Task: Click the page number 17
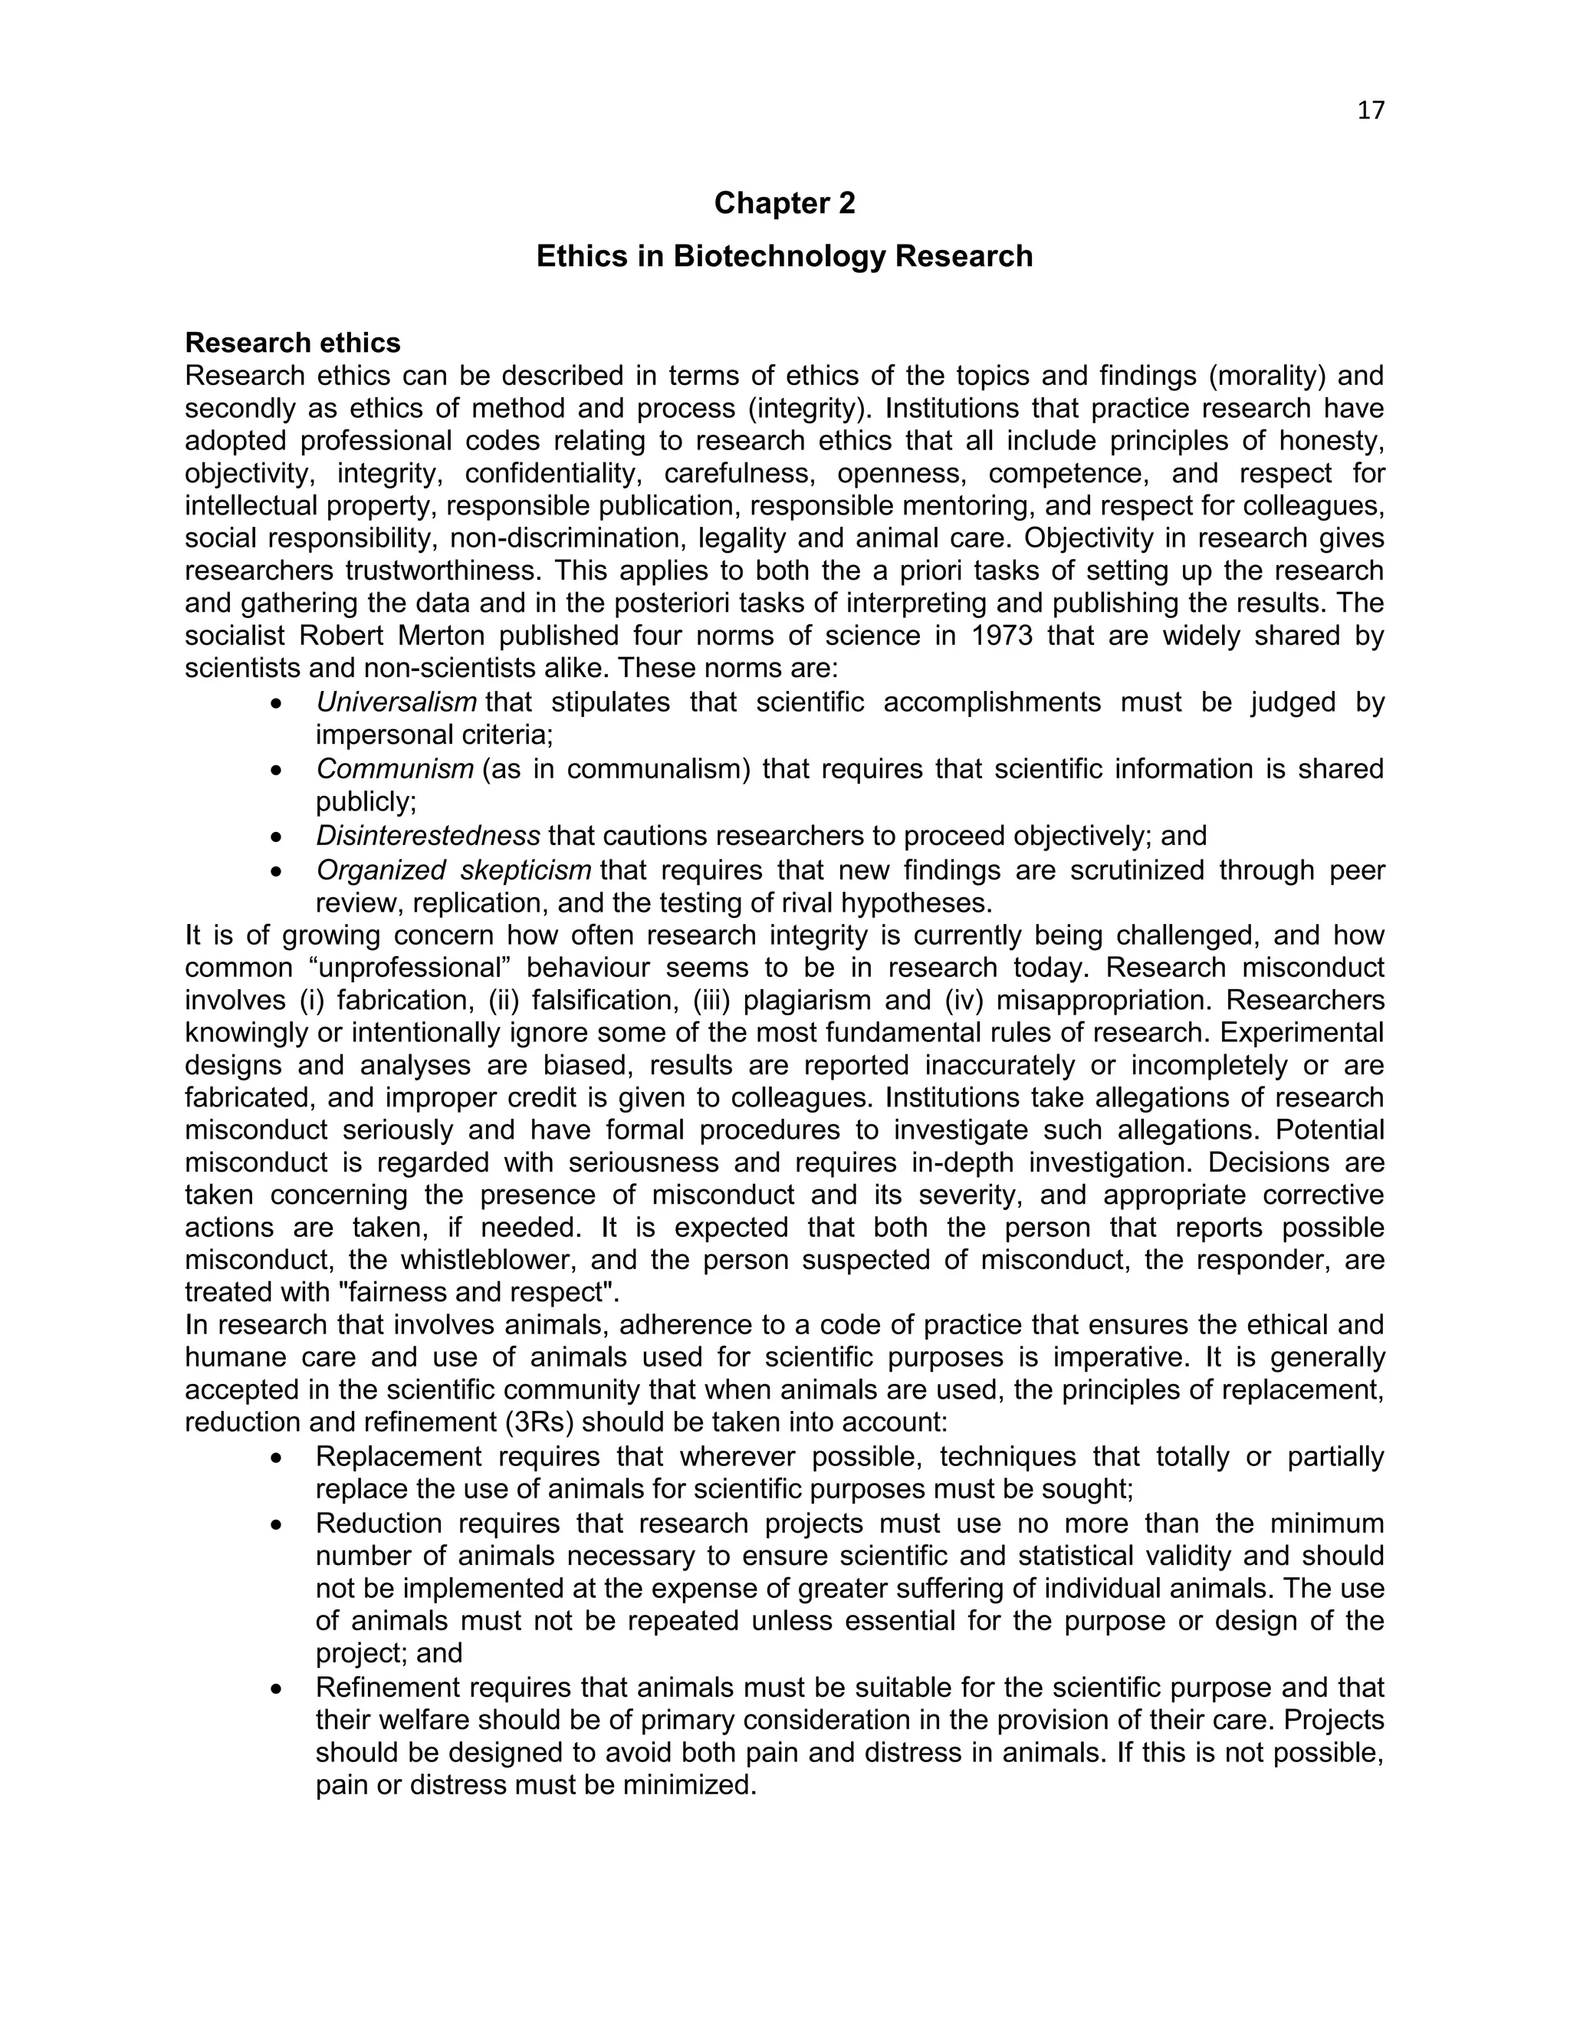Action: (1370, 110)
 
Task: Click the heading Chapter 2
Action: (784, 203)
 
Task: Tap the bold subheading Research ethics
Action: (292, 343)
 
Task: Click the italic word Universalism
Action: (396, 702)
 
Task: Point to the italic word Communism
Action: (394, 769)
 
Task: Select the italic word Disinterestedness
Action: (428, 836)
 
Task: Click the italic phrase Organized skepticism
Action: (454, 870)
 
